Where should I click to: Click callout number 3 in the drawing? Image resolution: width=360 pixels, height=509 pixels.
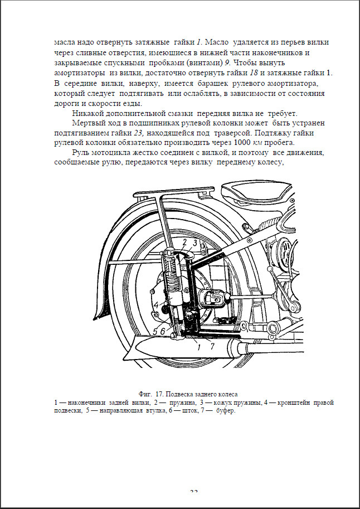[194, 243]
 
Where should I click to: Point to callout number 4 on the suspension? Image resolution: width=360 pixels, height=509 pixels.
[157, 304]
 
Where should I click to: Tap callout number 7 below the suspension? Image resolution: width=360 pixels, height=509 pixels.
[212, 346]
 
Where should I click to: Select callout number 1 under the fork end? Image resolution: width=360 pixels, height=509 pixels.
[198, 346]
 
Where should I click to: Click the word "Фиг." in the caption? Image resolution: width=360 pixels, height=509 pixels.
[145, 394]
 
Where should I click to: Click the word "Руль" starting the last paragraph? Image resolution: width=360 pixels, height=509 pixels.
[81, 152]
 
